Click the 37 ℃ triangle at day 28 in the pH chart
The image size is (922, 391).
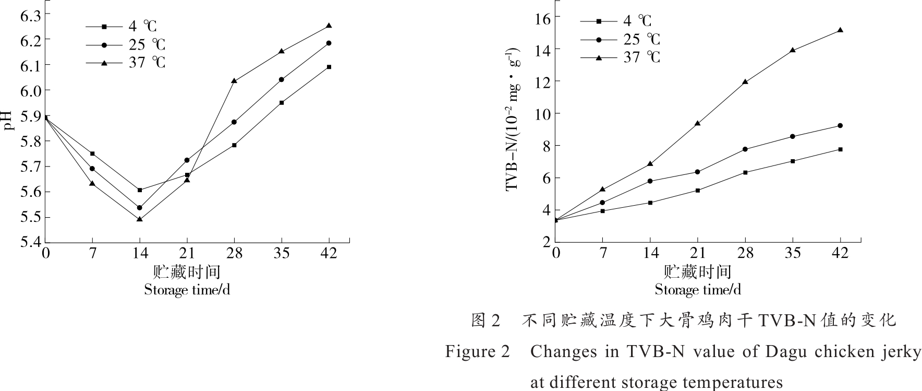(234, 81)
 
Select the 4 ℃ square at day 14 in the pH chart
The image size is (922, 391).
(140, 190)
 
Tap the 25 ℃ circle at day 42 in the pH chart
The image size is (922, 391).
(329, 43)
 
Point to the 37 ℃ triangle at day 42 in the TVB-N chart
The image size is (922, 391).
(840, 30)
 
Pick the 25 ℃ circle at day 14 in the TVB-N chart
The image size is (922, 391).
(650, 181)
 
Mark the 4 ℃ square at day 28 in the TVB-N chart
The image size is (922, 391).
(745, 172)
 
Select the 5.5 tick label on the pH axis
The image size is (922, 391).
(30, 217)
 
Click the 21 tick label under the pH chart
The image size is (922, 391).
(187, 254)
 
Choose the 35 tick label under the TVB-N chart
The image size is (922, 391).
(793, 254)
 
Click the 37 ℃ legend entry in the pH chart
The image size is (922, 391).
(147, 63)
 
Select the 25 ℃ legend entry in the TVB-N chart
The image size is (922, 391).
(641, 39)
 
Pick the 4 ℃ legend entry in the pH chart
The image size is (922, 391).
(142, 26)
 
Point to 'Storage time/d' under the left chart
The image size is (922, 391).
(187, 290)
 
